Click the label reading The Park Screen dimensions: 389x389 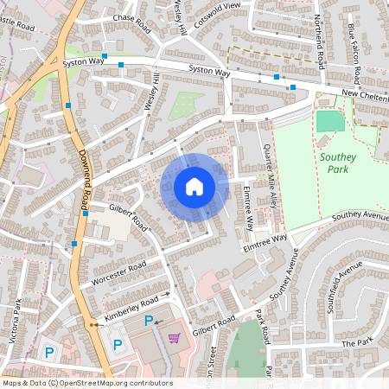click(354, 343)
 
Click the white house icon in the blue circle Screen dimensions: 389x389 click(194, 187)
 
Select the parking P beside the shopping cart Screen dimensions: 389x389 click(149, 321)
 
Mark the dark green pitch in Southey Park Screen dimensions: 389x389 click(329, 120)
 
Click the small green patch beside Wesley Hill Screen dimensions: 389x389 click(182, 105)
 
